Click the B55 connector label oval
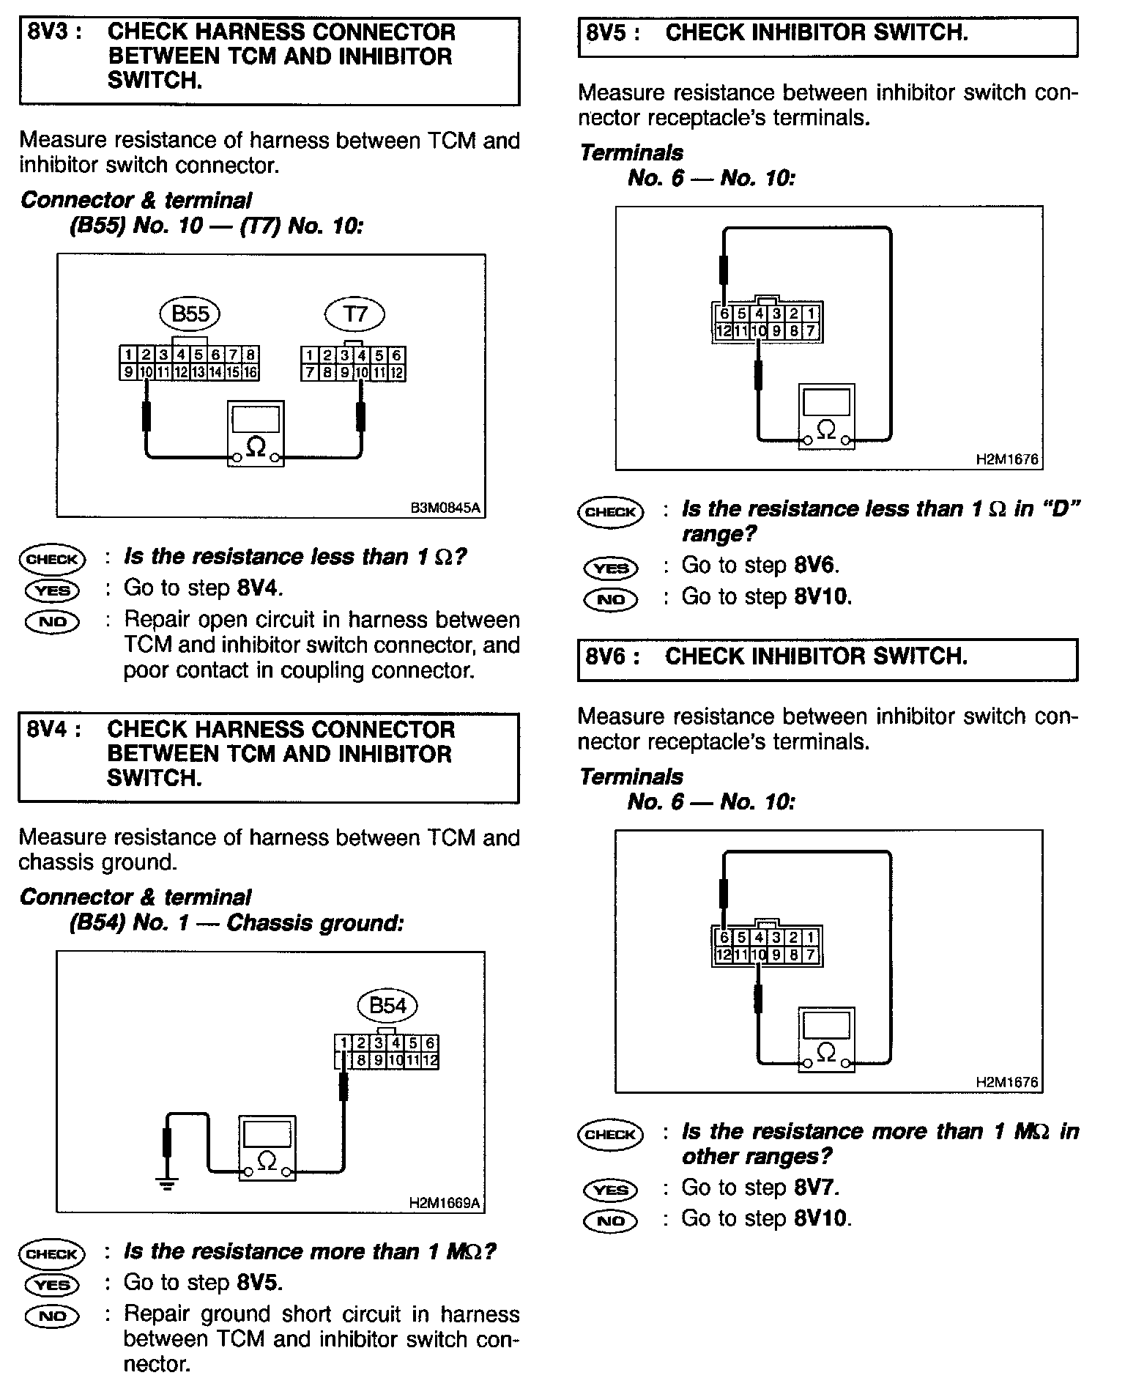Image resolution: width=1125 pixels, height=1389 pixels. coord(190,314)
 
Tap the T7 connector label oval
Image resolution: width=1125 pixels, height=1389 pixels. coord(354,314)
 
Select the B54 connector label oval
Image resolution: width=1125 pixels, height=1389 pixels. coord(387,1006)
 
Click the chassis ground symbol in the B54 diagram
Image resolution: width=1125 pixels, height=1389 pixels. coord(168,1182)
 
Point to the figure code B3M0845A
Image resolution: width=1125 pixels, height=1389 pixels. coord(446,508)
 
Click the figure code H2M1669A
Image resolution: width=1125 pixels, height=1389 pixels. coord(445,1203)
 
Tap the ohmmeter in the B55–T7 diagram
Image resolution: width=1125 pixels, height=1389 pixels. coord(256,434)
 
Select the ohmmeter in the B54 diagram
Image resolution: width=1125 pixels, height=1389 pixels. coord(267,1149)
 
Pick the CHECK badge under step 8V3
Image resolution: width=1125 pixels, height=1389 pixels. coord(52,560)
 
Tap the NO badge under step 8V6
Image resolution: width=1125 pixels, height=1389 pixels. coord(610,1221)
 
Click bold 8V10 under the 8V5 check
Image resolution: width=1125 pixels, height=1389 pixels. coord(823,597)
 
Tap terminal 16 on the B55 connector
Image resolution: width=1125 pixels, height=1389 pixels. coord(250,372)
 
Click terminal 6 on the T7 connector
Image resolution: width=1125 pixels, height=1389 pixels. coord(396,356)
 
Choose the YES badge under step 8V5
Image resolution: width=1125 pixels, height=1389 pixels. coord(610,568)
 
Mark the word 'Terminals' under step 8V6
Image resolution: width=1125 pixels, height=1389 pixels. coord(631,777)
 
